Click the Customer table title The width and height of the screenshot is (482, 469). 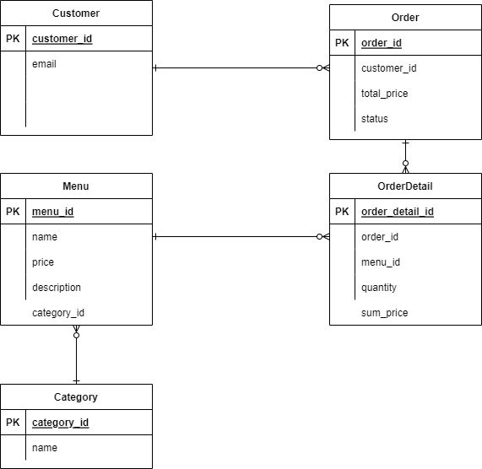click(76, 13)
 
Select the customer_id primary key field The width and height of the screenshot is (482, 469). click(62, 39)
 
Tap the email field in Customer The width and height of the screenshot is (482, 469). click(44, 64)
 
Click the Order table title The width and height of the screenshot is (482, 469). click(405, 18)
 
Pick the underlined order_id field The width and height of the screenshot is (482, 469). click(382, 43)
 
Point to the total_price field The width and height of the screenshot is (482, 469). click(384, 94)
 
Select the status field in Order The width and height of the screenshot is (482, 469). click(375, 119)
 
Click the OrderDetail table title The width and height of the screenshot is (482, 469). click(405, 186)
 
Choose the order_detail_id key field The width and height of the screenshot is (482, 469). click(397, 212)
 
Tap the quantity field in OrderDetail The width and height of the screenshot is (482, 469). click(379, 288)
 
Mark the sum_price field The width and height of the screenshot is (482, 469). click(384, 313)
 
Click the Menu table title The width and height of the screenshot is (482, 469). click(76, 186)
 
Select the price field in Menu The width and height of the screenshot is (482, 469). click(43, 262)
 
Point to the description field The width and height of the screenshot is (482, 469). click(57, 288)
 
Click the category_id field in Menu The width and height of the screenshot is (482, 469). click(57, 313)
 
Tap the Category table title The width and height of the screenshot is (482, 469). click(76, 397)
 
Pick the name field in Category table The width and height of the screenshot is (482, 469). click(45, 448)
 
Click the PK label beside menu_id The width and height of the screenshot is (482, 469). click(13, 212)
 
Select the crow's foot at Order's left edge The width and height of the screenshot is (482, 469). click(323, 68)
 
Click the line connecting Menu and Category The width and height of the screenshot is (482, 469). click(76, 358)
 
